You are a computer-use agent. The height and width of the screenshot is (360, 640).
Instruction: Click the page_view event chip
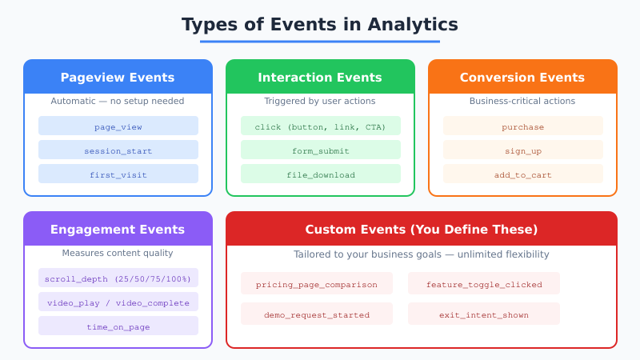118,126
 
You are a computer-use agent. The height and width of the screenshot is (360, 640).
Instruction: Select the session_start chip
118,150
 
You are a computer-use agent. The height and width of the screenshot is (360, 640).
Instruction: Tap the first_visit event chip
118,174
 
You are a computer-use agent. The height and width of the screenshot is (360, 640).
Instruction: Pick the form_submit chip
320,150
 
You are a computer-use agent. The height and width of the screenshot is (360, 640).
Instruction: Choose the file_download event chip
320,174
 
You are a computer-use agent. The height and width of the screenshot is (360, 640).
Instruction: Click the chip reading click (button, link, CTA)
320,126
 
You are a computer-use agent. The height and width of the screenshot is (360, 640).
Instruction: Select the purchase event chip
522,126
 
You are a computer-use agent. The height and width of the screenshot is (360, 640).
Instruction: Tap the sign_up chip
522,150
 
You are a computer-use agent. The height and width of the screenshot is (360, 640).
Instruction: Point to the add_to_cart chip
522,174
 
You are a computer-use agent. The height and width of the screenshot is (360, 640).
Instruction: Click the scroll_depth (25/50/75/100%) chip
118,278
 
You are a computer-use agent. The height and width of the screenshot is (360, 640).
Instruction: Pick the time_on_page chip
118,326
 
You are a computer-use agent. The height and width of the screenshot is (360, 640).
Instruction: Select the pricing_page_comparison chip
316,284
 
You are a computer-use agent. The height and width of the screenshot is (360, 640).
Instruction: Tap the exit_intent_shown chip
483,314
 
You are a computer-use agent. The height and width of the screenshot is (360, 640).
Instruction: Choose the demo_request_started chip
316,314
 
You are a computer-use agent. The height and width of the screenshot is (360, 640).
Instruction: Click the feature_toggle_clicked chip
483,284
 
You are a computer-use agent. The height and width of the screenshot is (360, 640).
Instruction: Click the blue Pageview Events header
118,78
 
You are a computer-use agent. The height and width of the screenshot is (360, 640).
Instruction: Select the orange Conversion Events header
522,78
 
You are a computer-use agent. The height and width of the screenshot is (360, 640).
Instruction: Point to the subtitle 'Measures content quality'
118,253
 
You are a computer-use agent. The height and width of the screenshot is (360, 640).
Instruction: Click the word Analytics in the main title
412,25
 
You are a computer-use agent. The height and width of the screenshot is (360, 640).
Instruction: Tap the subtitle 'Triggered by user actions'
320,101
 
